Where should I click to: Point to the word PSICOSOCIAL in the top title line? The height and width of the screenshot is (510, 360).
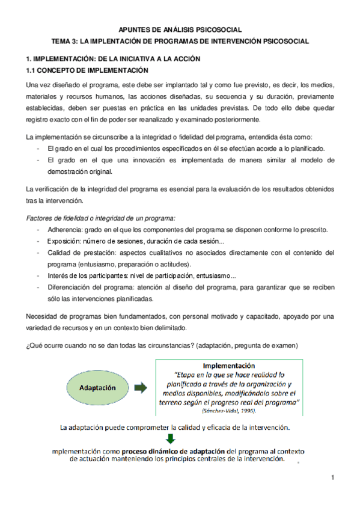216,29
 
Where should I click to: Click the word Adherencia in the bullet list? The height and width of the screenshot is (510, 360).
66,230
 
